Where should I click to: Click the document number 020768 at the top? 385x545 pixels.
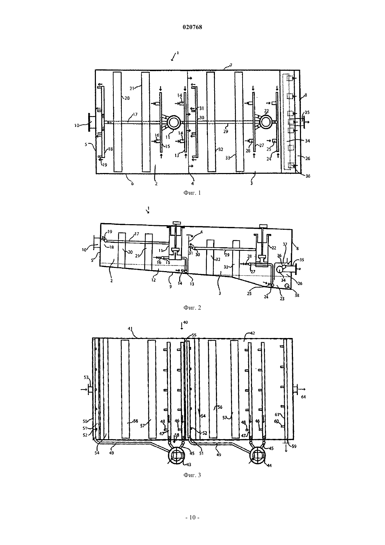coord(192,27)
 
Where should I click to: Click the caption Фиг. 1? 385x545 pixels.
coord(192,193)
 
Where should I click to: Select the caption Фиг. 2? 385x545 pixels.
coord(192,308)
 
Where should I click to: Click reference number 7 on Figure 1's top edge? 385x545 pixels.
coord(231,65)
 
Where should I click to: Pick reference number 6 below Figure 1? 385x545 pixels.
coord(132,184)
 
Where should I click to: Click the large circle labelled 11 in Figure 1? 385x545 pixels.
coord(174,122)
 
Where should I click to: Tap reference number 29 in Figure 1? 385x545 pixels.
coord(226,131)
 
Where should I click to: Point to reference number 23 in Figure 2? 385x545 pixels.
coord(282,299)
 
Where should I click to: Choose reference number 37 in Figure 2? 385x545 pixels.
coord(285,244)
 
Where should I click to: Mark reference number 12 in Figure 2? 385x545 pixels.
coord(153,280)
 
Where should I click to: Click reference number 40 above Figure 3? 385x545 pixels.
coord(185,322)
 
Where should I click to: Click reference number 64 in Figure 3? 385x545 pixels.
coord(303,397)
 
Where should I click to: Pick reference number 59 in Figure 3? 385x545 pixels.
coord(294,447)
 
